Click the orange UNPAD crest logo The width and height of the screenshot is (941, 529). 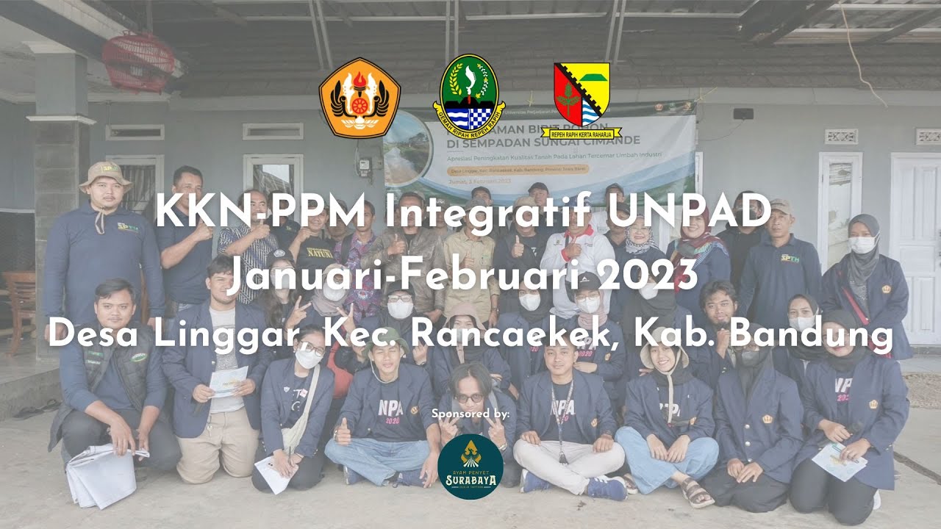click(x=359, y=98)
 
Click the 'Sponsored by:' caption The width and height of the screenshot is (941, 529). click(x=470, y=414)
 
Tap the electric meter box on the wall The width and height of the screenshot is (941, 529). click(x=363, y=166)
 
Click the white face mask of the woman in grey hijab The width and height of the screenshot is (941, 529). click(x=862, y=245)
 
